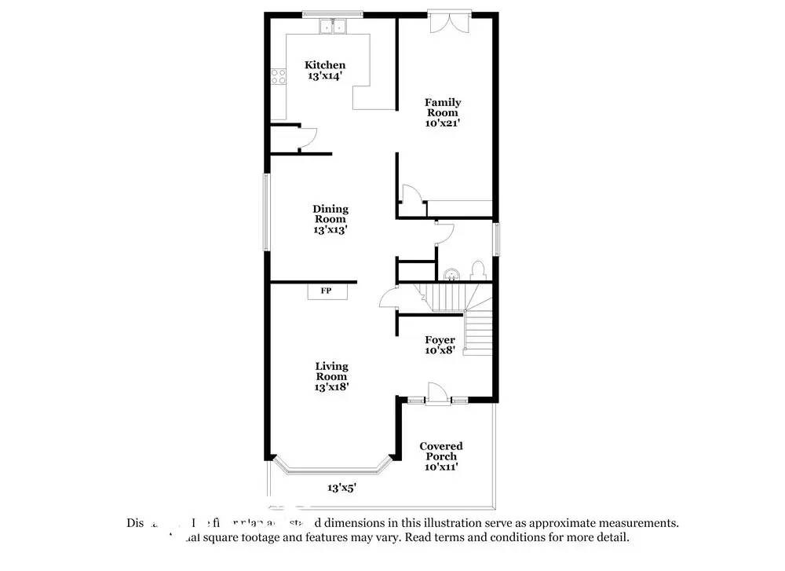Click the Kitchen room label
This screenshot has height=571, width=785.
[x=325, y=65]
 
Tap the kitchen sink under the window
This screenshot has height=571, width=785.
[x=334, y=27]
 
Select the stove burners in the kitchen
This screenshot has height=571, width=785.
[x=278, y=76]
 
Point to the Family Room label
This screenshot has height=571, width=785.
[x=443, y=108]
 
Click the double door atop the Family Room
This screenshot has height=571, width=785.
[x=450, y=22]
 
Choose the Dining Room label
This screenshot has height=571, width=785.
[x=330, y=214]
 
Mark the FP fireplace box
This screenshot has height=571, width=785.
[x=326, y=291]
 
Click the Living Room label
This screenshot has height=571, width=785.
[x=331, y=372]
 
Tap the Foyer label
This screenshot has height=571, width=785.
[x=440, y=340]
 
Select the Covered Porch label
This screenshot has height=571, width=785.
[x=441, y=452]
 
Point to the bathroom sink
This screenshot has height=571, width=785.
[x=451, y=274]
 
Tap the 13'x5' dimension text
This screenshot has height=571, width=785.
[x=342, y=488]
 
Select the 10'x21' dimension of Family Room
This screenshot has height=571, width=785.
[x=443, y=123]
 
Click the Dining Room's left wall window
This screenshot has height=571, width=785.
[x=266, y=212]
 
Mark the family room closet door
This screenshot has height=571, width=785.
[x=410, y=194]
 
